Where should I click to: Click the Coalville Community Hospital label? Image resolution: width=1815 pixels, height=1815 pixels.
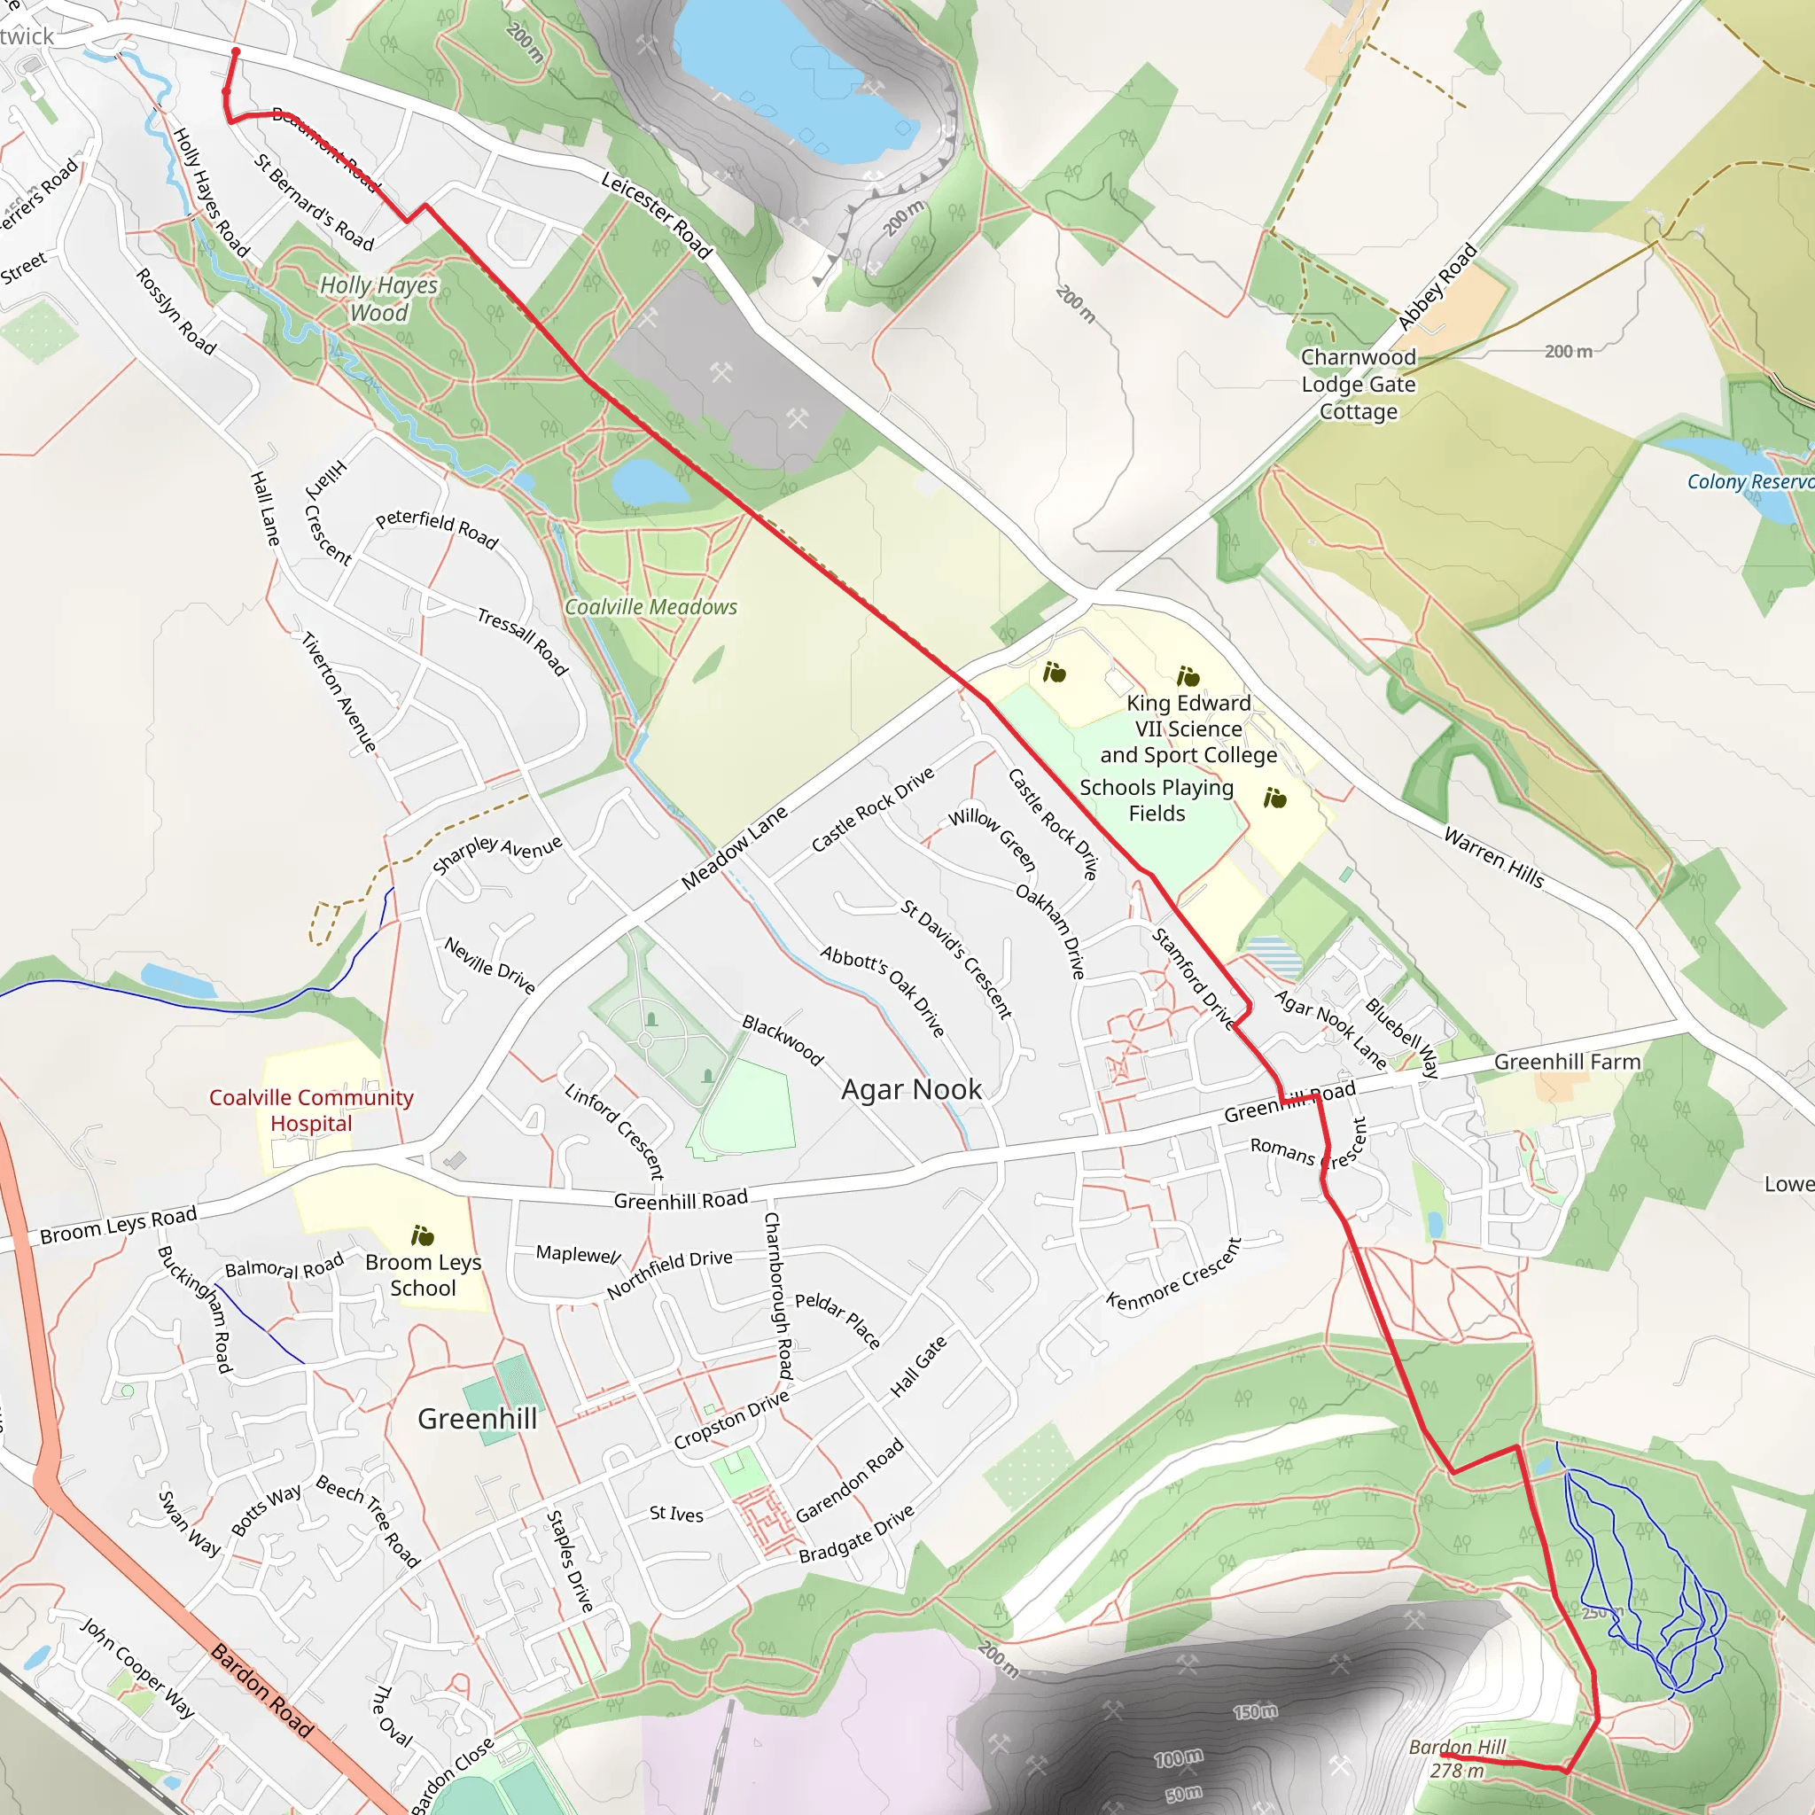(x=311, y=1110)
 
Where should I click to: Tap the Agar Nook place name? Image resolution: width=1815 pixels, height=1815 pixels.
(x=911, y=1090)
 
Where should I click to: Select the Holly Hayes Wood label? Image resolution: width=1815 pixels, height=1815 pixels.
(x=379, y=299)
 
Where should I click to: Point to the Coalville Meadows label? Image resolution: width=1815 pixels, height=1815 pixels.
(x=651, y=608)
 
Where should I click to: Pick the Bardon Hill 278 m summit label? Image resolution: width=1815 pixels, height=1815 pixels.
(x=1457, y=1758)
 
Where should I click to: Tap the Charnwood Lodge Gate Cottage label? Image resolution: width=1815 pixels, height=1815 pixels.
(x=1359, y=385)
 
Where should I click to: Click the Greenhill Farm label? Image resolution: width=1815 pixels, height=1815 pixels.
(x=1567, y=1063)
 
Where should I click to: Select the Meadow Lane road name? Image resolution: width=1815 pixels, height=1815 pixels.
(x=735, y=848)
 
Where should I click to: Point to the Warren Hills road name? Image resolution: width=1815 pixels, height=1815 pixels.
(x=1493, y=857)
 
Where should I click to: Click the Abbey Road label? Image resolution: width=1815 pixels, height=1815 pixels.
(x=1437, y=287)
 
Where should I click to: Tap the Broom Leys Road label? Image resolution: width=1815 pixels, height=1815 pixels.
(x=119, y=1225)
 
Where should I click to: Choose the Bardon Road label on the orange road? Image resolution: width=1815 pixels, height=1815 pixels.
(x=261, y=1689)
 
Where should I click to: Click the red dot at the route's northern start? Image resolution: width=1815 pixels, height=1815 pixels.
(x=236, y=51)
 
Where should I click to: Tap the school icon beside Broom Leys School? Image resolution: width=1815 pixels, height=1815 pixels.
(x=423, y=1235)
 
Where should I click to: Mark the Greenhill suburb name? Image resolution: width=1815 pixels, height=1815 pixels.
(x=478, y=1420)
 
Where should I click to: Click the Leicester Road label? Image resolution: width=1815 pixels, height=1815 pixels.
(x=657, y=215)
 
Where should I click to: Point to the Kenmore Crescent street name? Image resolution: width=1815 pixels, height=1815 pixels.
(x=1174, y=1274)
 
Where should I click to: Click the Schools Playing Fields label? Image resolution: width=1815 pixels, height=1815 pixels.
(x=1157, y=800)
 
